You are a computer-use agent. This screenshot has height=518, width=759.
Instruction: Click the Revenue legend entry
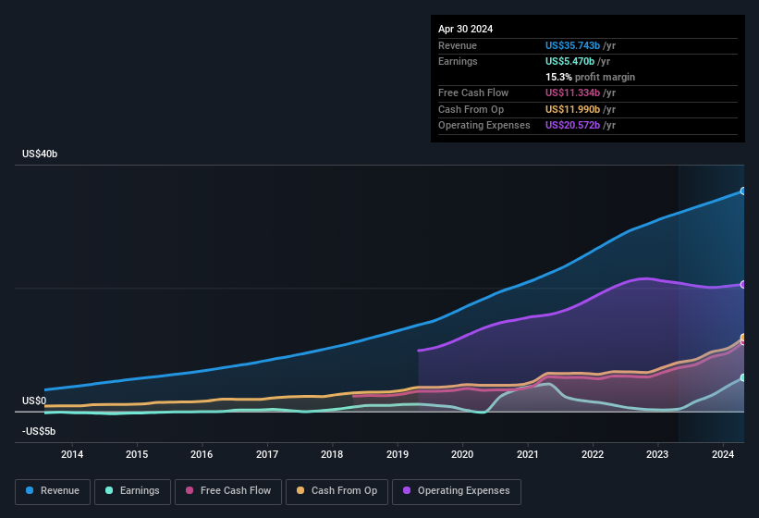(52, 491)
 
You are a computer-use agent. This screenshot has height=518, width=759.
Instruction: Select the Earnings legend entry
(131, 491)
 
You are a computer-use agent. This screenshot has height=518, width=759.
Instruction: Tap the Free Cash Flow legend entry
(228, 491)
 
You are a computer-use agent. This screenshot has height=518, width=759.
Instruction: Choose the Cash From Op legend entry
(336, 491)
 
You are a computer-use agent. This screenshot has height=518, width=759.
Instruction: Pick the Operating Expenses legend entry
(457, 491)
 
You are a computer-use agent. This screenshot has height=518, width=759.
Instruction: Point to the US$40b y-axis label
(40, 154)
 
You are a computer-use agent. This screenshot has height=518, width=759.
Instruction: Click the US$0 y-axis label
(34, 401)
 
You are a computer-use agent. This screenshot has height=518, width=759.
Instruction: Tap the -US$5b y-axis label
(39, 431)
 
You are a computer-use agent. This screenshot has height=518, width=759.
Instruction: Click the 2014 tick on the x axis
(72, 454)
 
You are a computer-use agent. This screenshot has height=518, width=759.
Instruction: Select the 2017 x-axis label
(267, 454)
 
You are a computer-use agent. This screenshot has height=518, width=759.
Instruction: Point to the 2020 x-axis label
(462, 454)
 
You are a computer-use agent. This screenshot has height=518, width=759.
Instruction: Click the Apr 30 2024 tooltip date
(465, 29)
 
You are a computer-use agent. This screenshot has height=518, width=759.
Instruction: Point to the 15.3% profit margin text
(590, 77)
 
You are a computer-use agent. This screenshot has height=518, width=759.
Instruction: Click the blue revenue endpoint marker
(743, 191)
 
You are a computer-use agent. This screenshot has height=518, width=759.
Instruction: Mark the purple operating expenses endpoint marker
(743, 284)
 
